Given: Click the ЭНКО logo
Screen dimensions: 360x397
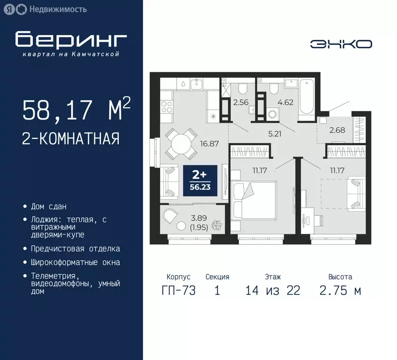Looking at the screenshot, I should click(341, 44).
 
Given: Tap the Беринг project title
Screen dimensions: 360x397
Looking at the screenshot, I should click(71, 40).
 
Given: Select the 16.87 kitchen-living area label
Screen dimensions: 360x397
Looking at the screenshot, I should click(209, 144).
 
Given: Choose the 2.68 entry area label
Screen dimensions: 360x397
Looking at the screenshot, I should click(337, 130).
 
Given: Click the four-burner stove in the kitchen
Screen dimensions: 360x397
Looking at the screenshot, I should click(167, 106).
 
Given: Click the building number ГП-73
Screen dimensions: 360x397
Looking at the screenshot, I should click(178, 291).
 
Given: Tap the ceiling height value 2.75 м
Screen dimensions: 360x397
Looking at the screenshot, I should click(340, 291).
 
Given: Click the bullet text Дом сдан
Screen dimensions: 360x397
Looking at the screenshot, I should click(49, 206).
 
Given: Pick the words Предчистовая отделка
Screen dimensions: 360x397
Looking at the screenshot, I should click(75, 249).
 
